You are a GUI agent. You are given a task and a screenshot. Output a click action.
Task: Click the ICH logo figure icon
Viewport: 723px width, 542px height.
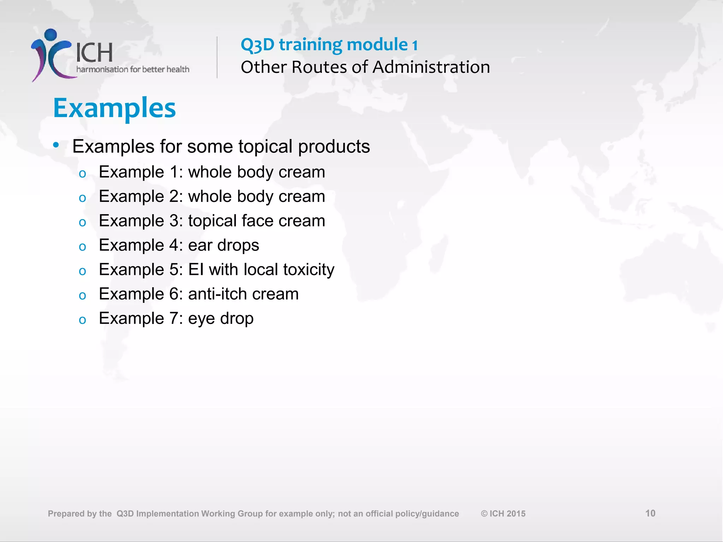tap(51, 55)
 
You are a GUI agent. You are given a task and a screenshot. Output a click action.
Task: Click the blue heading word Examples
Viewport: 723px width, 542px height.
tap(114, 108)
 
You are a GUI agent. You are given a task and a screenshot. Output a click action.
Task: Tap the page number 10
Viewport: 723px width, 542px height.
tap(650, 513)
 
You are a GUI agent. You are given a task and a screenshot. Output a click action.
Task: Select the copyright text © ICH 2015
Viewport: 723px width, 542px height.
tap(503, 513)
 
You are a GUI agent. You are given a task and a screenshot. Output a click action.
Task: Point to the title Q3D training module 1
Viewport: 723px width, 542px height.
tap(329, 45)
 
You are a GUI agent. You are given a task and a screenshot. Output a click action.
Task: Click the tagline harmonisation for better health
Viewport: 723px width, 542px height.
tap(133, 69)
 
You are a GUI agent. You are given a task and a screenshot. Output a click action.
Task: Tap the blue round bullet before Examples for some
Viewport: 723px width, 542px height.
tap(56, 145)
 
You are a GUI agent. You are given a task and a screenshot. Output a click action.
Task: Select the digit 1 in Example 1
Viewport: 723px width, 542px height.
tap(174, 172)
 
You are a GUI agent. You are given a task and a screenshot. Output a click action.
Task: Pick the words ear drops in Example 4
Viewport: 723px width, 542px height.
tap(223, 245)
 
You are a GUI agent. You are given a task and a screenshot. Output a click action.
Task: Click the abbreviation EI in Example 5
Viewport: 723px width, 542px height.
tap(196, 270)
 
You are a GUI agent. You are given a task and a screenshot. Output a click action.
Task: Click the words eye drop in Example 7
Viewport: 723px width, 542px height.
tap(221, 319)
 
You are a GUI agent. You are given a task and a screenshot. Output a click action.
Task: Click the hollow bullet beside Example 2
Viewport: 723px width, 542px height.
tap(83, 198)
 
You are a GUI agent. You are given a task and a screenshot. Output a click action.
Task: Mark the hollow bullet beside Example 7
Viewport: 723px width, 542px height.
tap(83, 320)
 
